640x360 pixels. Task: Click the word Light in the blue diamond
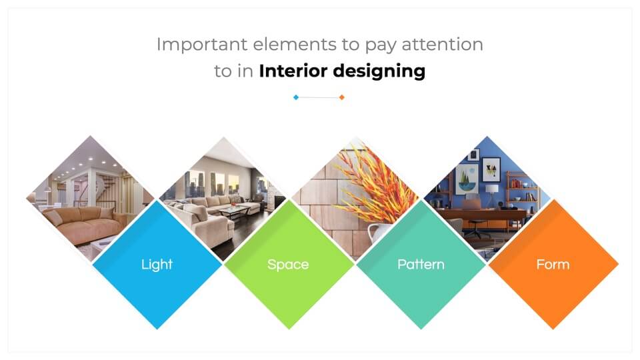coord(157,265)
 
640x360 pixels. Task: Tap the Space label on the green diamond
coord(288,265)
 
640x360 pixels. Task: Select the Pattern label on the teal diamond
coord(421,265)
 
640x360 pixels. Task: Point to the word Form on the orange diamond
coord(553,265)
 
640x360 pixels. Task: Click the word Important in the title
coord(202,45)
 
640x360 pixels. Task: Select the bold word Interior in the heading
coord(293,71)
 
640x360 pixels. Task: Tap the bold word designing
coord(379,71)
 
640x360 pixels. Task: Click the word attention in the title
coord(443,45)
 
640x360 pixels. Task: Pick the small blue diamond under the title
coord(296,97)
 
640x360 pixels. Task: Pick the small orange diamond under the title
coord(342,97)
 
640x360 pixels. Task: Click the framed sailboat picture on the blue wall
coord(467,179)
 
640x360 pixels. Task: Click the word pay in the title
coord(381,46)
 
